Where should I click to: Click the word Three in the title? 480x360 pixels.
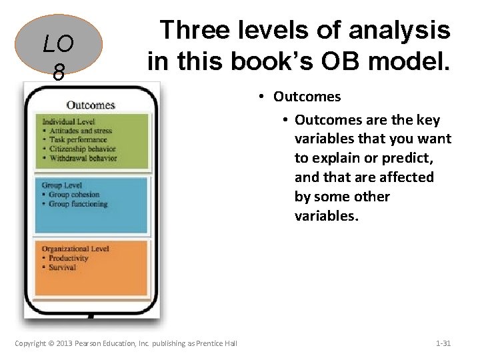(194, 30)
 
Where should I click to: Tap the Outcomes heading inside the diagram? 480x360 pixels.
(91, 105)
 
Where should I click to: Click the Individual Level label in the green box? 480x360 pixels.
(69, 122)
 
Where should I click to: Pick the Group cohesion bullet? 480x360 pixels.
(73, 195)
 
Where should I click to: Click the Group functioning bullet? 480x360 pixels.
(77, 204)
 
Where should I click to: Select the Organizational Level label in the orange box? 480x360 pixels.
(75, 249)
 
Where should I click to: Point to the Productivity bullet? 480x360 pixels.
(68, 258)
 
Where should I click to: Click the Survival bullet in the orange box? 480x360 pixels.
(62, 267)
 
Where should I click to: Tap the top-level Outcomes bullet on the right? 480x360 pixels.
(307, 97)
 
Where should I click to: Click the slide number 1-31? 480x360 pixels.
(443, 343)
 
